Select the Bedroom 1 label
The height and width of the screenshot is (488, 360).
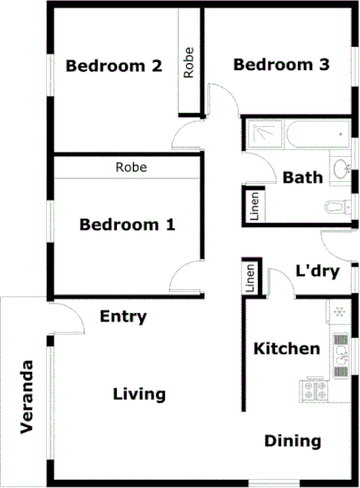point(127,224)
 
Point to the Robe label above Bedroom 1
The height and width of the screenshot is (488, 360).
point(130,167)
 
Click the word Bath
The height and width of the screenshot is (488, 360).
point(302,177)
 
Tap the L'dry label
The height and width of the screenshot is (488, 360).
point(317,272)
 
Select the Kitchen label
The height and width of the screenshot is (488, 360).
point(286,349)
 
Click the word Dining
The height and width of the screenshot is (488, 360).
point(293,441)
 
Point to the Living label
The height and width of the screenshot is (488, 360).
point(139,394)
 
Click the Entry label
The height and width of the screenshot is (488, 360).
point(123,317)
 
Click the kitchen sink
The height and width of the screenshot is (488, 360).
point(340,353)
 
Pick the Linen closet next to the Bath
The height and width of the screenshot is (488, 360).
point(254,205)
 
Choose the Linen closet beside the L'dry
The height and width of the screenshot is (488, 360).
point(251,279)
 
